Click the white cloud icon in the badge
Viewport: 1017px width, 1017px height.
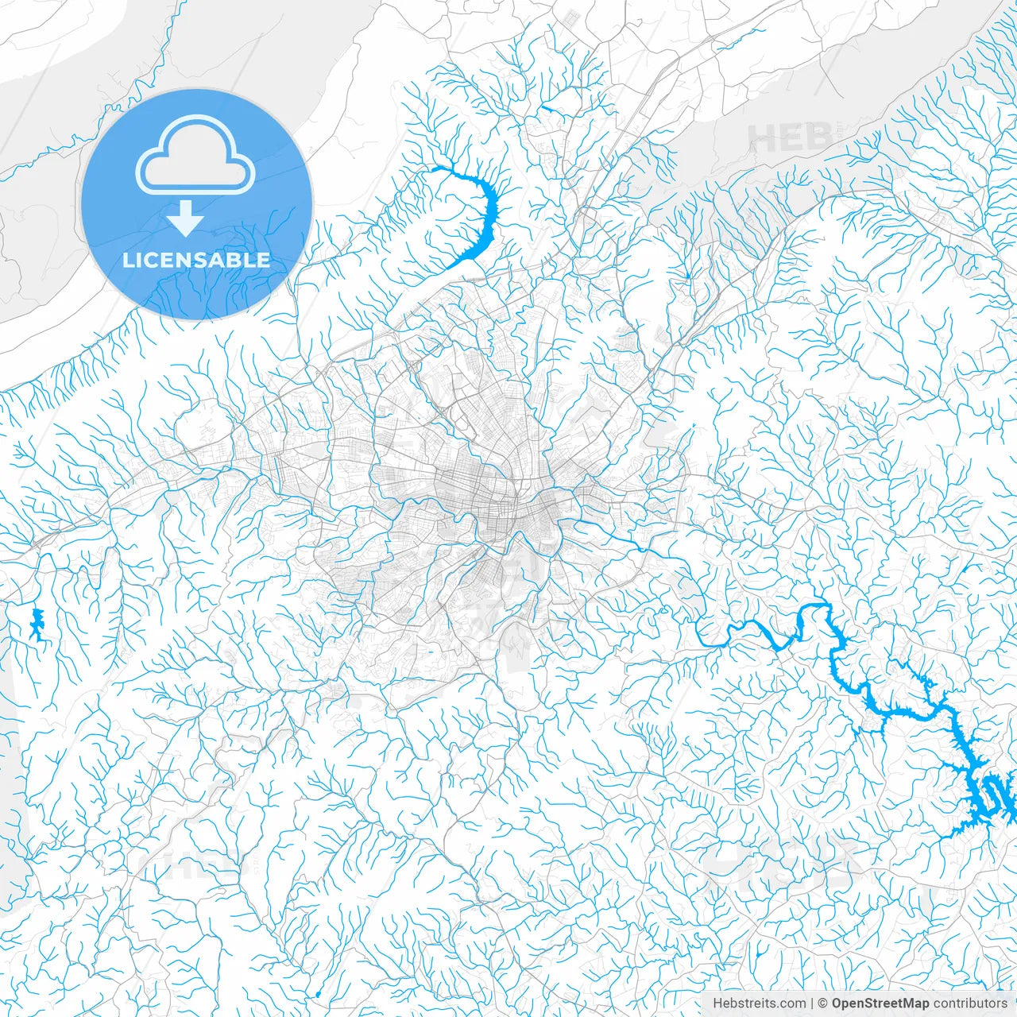coord(195,155)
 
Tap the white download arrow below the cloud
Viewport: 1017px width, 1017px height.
coord(186,218)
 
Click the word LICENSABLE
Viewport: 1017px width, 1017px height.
coord(196,260)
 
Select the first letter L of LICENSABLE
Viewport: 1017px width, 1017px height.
coord(128,260)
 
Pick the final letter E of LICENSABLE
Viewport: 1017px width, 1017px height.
coord(263,260)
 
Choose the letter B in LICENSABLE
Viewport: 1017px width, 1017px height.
coord(234,260)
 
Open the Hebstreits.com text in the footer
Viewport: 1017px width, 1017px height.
coord(759,1003)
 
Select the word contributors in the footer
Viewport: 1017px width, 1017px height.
coord(970,1003)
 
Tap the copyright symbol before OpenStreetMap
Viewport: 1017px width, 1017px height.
coord(823,1003)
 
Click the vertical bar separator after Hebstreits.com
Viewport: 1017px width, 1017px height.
coord(812,1003)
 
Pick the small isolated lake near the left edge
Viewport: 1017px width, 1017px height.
coord(36,625)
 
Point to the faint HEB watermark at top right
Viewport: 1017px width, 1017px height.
coord(783,140)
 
